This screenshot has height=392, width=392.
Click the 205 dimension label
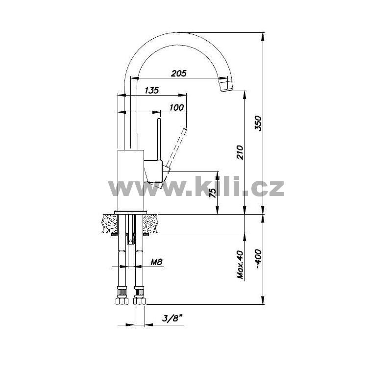coord(179,73)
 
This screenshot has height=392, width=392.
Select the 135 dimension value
coord(152,90)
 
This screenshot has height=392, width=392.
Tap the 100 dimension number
coord(176,108)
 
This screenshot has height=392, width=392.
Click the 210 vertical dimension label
coord(240,152)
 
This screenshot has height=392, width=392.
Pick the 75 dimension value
coord(213,193)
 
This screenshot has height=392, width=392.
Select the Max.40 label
coord(240,265)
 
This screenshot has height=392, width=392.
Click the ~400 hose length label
coord(258,259)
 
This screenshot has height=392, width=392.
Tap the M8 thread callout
coord(156,262)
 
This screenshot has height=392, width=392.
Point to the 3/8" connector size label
coord(172,318)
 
